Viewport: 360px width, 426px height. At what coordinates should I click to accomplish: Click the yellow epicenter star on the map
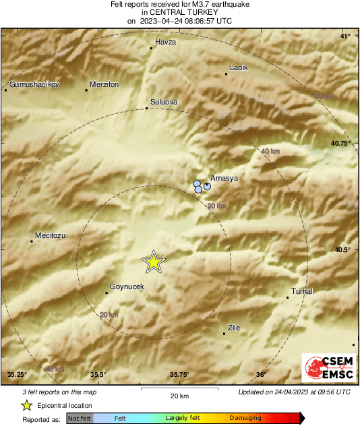[154, 262]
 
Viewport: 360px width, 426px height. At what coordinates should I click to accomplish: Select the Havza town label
[165, 42]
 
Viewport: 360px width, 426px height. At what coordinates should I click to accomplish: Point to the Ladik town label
[239, 67]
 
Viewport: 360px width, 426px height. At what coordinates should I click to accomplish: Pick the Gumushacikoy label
[34, 85]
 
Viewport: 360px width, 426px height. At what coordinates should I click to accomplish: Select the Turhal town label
[301, 291]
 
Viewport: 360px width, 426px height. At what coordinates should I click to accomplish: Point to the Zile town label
[234, 328]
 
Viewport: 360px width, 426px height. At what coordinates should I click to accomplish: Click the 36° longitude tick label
[261, 375]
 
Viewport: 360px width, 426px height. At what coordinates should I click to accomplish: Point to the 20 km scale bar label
[179, 395]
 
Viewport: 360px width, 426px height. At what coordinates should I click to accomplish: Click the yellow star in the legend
[26, 405]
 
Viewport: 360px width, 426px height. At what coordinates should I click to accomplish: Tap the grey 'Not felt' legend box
[80, 418]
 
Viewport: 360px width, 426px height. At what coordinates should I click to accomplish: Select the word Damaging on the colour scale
[245, 418]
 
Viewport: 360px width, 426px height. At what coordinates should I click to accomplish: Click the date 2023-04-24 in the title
[162, 21]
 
